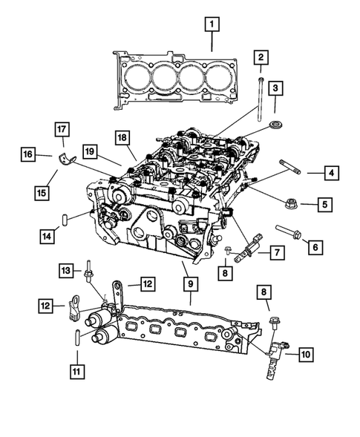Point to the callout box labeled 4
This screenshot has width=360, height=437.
[x=330, y=174]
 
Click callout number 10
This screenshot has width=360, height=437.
[x=305, y=355]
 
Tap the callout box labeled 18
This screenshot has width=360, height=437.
[x=122, y=137]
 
